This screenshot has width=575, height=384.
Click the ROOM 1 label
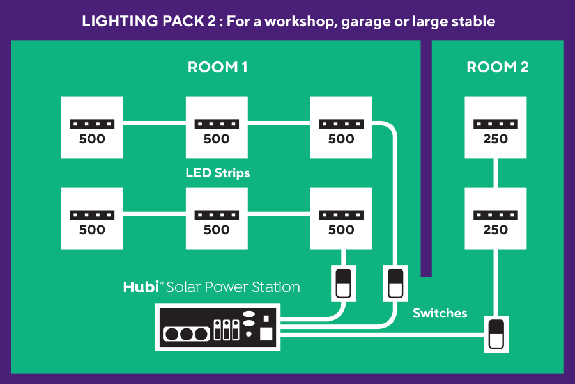pos(217,67)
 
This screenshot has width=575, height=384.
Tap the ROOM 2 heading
pos(498,67)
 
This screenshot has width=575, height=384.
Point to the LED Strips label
pos(218,173)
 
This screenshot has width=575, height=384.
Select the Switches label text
pos(440,313)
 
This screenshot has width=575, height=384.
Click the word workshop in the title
pos(295,21)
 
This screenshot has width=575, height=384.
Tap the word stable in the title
pos(473,21)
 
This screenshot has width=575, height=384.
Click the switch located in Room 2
pos(496,333)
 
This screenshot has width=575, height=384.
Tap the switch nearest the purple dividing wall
pos(394,284)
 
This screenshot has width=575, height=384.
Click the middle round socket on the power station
pos(187,333)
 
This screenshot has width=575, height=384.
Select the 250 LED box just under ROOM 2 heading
pos(496,127)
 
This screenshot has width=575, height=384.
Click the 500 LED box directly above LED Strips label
pos(217,127)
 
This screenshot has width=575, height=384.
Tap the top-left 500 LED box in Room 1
pos(92,127)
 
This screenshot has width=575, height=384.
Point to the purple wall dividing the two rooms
pos(427,160)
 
